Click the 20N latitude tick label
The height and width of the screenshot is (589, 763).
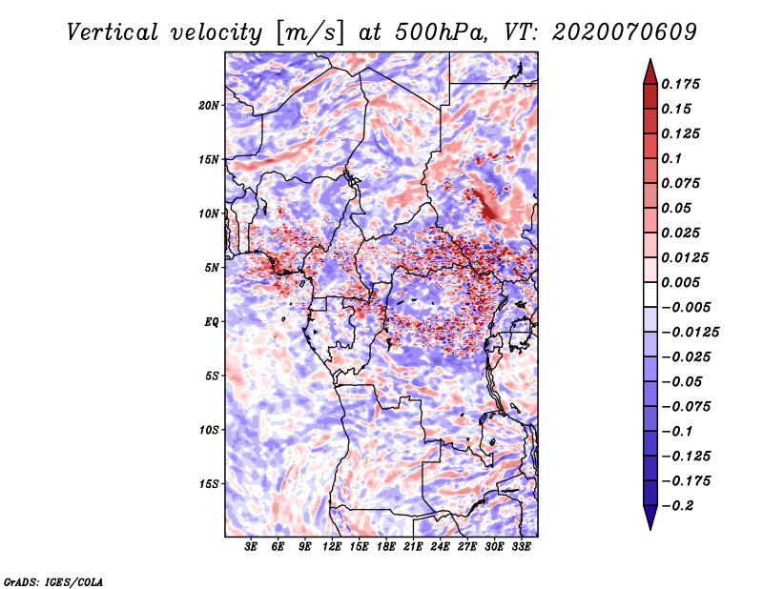209,106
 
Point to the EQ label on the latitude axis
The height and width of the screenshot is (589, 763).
212,322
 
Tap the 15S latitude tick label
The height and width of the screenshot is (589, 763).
209,484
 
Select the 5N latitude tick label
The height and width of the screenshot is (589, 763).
212,268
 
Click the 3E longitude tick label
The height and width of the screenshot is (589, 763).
251,547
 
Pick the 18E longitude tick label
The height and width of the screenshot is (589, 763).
386,547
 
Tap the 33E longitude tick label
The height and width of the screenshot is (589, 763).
521,547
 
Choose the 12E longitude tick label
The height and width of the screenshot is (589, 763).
332,547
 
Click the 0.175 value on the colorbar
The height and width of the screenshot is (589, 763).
680,84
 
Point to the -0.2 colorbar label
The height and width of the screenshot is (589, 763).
677,506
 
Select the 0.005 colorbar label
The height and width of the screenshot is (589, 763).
680,282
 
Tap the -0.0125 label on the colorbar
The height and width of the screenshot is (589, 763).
690,333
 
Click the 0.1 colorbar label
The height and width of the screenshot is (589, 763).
671,158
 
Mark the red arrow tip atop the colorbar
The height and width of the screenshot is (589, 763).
650,60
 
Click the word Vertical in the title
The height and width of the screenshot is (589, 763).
112,32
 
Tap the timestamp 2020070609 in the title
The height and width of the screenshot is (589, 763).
625,32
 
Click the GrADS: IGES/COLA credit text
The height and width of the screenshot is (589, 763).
53,582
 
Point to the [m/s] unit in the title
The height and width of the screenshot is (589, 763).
310,33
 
